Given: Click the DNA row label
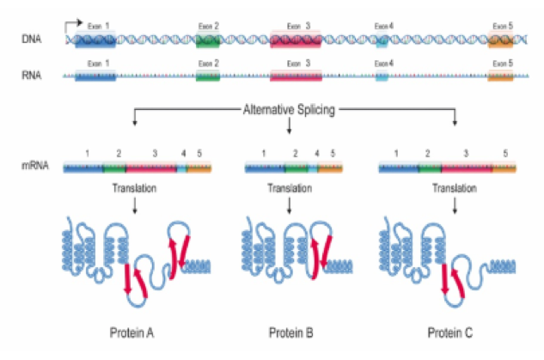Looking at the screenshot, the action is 32,39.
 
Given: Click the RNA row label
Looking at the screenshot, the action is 32,75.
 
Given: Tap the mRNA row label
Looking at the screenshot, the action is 35,166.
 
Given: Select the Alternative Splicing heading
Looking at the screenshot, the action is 289,110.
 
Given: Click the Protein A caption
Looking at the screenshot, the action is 131,333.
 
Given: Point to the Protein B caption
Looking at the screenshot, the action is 291,333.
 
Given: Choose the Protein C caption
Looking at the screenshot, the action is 450,333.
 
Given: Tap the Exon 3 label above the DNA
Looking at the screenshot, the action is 298,26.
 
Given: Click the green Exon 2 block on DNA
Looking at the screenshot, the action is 208,40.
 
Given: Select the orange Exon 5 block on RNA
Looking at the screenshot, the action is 500,76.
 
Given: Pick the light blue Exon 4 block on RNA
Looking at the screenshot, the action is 382,76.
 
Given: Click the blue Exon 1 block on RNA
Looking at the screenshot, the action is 95,76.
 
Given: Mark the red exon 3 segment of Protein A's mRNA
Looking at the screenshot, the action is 151,168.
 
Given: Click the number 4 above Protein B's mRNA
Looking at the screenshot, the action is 317,153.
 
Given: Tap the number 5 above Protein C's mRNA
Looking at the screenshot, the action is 505,153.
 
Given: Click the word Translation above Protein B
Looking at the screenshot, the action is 290,188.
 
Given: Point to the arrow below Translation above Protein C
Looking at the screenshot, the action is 455,205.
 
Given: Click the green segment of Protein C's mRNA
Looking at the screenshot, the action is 430,168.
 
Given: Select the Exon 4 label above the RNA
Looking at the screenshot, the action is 383,64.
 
